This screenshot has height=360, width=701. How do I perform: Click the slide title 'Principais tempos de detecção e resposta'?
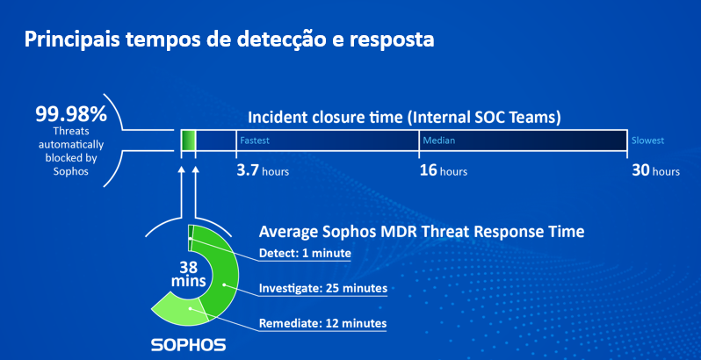click(229, 40)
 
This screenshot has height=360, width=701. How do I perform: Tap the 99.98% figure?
click(71, 114)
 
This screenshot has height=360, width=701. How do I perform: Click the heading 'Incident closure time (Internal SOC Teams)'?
click(404, 118)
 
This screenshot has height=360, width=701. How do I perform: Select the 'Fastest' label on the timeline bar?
click(255, 140)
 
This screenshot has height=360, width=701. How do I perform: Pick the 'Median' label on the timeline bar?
click(439, 140)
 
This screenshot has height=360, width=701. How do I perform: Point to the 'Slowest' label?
click(647, 140)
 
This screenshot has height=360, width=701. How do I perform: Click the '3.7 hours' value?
click(263, 171)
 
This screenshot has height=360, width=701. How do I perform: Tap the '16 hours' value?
click(443, 171)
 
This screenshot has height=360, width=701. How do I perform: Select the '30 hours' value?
click(655, 171)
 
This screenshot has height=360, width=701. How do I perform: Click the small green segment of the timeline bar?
click(188, 140)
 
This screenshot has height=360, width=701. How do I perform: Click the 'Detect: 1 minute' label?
click(305, 253)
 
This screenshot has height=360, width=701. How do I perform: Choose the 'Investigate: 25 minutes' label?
click(322, 287)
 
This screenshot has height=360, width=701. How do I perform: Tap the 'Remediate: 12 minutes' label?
click(322, 322)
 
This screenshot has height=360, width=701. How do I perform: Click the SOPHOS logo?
click(188, 345)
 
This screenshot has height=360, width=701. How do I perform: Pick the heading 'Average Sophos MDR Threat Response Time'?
click(422, 232)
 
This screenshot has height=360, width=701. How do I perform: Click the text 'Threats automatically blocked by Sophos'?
click(71, 151)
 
